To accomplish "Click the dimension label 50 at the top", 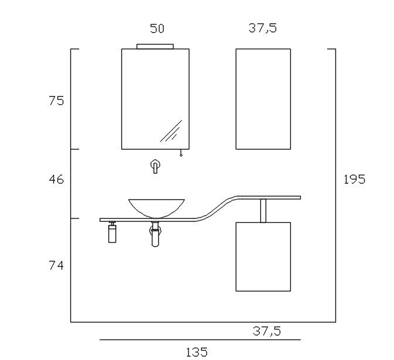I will [157, 28].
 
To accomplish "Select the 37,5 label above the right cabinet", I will [263, 28].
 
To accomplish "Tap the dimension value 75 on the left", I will [56, 101].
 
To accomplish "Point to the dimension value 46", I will [56, 179].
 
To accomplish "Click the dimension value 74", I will [56, 266].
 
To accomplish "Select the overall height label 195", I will [354, 179].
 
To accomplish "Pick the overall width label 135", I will [196, 352].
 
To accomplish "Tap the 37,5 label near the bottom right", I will [267, 331].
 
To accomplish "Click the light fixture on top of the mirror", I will [155, 46].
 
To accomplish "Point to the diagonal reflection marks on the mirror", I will [171, 132].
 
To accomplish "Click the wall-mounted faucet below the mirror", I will [155, 166].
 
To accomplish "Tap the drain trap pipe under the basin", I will [155, 235].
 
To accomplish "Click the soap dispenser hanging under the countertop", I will [112, 233].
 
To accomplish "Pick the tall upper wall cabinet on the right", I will [263, 99].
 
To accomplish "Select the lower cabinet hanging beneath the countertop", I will [263, 256].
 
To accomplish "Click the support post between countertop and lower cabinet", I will [263, 210].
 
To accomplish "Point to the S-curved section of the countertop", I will [217, 208].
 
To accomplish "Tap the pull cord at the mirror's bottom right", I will [181, 153].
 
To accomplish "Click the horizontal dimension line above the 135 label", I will [199, 339].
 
